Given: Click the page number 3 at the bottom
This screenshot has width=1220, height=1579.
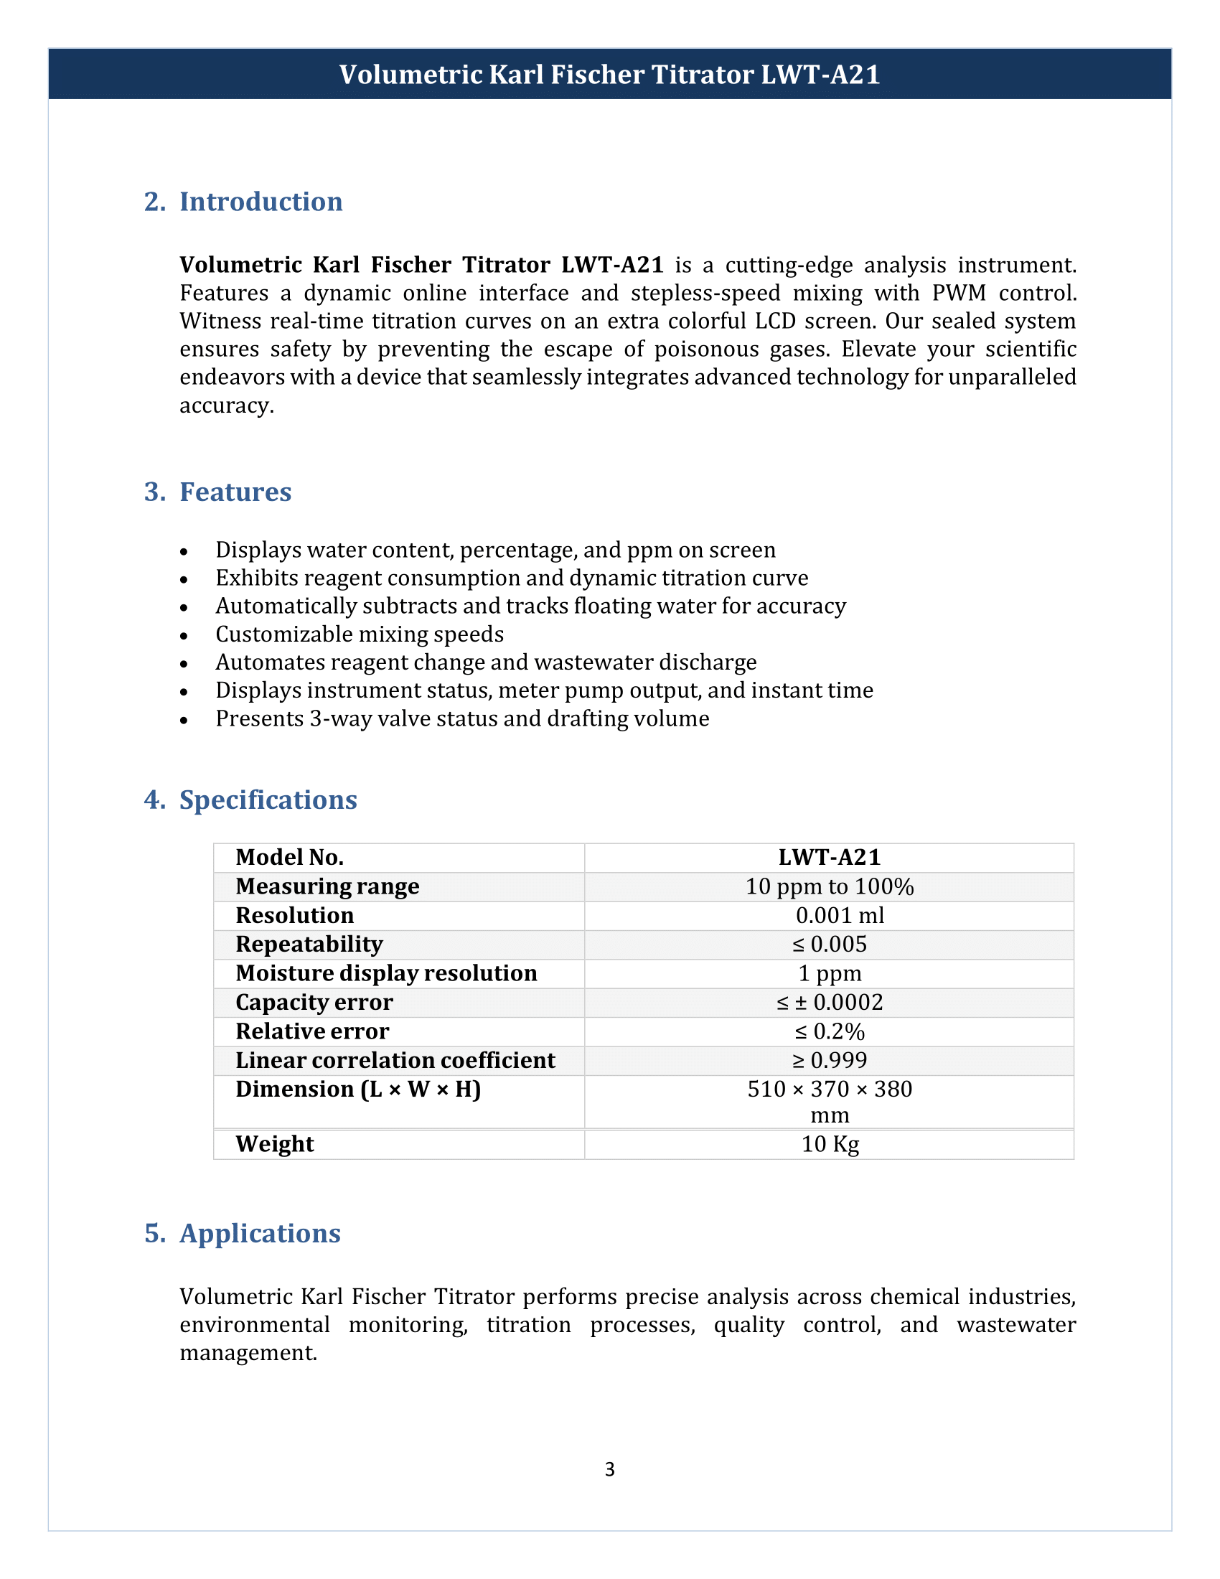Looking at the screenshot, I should point(609,1469).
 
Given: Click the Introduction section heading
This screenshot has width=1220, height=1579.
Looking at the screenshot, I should point(261,202).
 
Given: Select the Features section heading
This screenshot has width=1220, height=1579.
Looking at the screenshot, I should point(235,492).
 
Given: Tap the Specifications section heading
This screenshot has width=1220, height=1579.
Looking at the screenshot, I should point(268,800).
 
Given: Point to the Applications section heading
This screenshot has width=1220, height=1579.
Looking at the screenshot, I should point(260,1233).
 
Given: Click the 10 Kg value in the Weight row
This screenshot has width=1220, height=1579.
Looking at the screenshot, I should point(830,1144).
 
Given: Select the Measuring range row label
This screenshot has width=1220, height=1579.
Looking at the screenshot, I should point(327,886).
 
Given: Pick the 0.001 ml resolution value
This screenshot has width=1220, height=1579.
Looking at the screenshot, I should point(839,915).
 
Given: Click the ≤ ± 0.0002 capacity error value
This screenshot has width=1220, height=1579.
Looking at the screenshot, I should point(829,1002).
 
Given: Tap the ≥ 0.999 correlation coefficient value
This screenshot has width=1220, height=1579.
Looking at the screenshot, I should point(829,1060).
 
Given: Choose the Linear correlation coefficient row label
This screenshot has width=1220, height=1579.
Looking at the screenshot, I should point(395,1060).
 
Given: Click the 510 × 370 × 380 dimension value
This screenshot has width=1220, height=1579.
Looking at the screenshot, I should point(829,1089).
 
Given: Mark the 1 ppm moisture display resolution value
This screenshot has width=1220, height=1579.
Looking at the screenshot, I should point(829,973).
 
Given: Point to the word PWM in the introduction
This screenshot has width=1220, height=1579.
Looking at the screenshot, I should point(958,293).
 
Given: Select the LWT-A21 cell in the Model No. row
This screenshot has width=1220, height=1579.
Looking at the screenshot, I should point(829,858).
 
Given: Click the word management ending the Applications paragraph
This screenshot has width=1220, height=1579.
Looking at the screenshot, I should point(248,1353).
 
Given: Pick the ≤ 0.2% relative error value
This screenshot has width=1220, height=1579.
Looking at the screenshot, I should point(829,1031).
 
